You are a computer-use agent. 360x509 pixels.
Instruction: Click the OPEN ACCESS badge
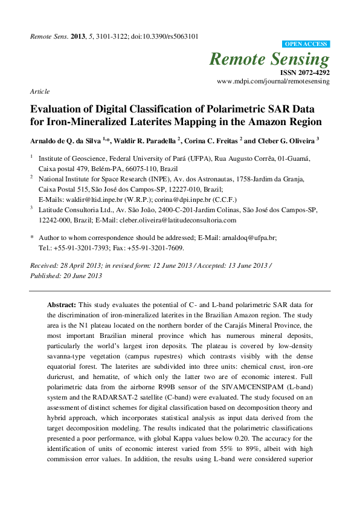click(306, 44)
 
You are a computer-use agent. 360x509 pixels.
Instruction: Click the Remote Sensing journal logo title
click(269, 59)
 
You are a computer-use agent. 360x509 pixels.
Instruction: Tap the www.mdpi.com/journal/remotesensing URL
click(273, 80)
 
